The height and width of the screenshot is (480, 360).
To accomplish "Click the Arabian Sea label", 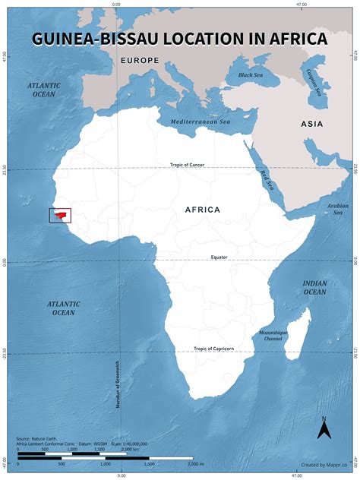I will pyautogui.click(x=337, y=208).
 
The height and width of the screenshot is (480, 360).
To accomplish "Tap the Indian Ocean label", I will pyautogui.click(x=314, y=287).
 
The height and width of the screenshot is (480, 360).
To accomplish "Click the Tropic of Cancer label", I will pyautogui.click(x=186, y=165).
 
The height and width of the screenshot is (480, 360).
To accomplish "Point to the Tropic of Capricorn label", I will pyautogui.click(x=213, y=349).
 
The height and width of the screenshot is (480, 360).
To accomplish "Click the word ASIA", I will pyautogui.click(x=311, y=124).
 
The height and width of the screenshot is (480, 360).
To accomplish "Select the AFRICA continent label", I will pyautogui.click(x=203, y=209).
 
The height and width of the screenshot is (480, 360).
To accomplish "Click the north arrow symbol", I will pyautogui.click(x=324, y=429).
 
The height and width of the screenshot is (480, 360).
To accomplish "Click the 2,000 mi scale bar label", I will pyautogui.click(x=195, y=463).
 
